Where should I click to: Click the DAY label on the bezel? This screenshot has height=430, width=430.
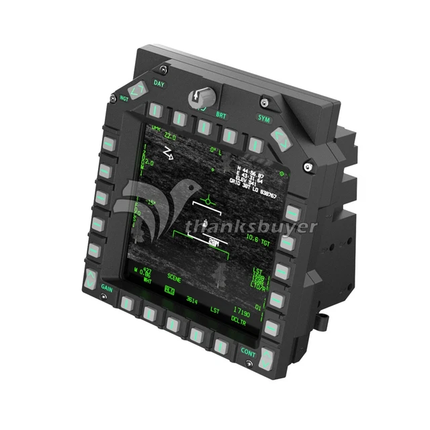pyautogui.click(x=159, y=85)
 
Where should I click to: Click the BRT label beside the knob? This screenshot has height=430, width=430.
pyautogui.click(x=221, y=115)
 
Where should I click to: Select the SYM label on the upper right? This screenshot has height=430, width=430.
pyautogui.click(x=263, y=118)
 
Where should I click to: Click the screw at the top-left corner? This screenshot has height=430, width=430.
pyautogui.click(x=163, y=69)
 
